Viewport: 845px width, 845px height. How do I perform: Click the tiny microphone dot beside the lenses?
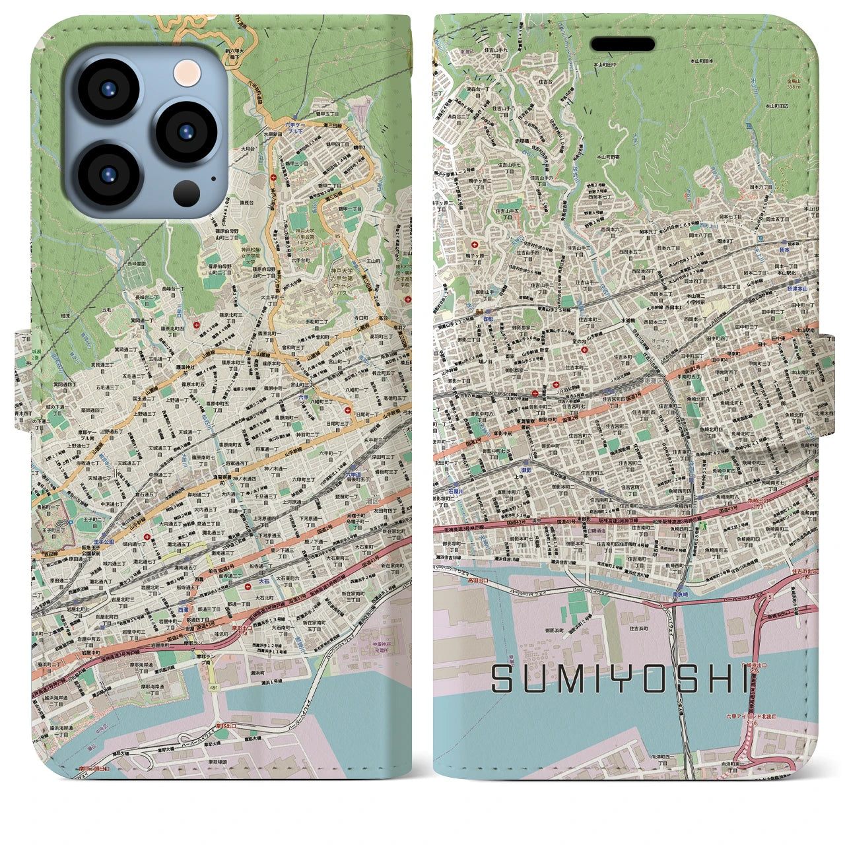[x=213, y=177]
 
